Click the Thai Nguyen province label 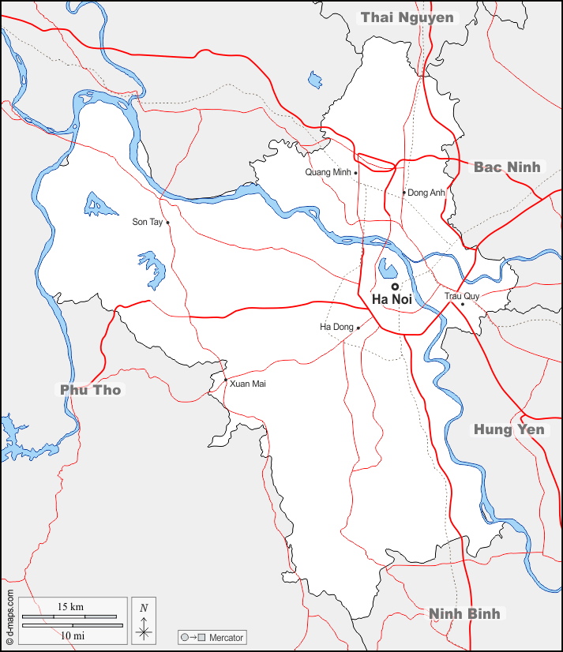[407, 17]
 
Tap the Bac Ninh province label [507, 167]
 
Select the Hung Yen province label [509, 429]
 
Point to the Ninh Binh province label [464, 613]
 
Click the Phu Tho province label [91, 389]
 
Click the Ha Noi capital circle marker [395, 287]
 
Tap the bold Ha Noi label [392, 300]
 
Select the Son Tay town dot [167, 223]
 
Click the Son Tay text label [147, 223]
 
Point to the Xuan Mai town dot [226, 381]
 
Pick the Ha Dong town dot [358, 328]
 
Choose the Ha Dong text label [336, 327]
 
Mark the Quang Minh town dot [356, 173]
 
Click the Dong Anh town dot [404, 192]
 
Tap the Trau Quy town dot [463, 304]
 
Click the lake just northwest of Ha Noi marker [388, 268]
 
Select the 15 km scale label [70, 607]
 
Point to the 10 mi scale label [70, 635]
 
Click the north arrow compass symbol [144, 620]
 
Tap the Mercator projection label [225, 637]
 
